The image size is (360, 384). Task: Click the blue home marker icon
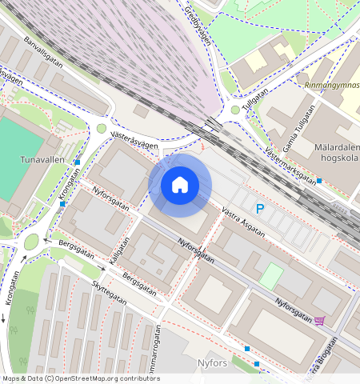(180, 185)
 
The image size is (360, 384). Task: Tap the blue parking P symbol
(259, 209)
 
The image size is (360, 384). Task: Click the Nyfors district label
(212, 363)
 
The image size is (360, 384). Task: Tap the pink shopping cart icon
(320, 321)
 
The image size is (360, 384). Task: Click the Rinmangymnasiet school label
(332, 82)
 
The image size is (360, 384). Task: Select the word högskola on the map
(341, 160)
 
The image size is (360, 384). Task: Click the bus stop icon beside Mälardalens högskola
(319, 181)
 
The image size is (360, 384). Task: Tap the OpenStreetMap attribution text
(80, 378)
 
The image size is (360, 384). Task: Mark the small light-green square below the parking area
(271, 277)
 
